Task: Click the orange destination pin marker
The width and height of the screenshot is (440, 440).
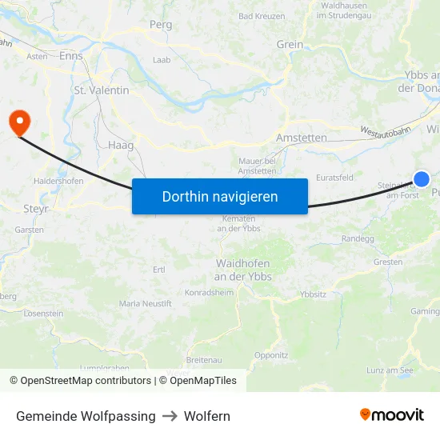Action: pos(18,122)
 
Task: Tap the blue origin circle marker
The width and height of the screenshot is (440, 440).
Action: pos(422,179)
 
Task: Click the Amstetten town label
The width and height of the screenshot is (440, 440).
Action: pos(301,138)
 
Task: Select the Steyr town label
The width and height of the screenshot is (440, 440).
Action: pos(36,209)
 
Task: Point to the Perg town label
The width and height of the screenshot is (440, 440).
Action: pos(161,25)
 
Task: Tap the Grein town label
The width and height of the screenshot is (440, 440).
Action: pos(290,45)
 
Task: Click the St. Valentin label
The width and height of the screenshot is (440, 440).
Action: pos(102,90)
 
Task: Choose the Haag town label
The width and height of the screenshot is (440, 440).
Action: pos(120,146)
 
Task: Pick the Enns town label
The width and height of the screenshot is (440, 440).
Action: pos(71,56)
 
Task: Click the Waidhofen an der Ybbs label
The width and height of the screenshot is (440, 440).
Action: pos(244,270)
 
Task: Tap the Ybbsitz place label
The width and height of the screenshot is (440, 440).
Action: pos(313,294)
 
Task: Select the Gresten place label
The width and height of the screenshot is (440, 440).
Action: pos(388,262)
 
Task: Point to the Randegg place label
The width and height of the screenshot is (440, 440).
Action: pos(357,238)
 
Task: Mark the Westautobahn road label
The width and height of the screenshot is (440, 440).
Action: pos(384,130)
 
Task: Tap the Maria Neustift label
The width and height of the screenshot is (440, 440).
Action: pos(145,304)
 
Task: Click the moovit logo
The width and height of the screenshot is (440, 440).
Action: pos(391,414)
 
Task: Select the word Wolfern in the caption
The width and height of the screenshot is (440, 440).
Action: pos(206,416)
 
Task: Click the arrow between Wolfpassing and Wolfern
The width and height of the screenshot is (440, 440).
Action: pos(170,416)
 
